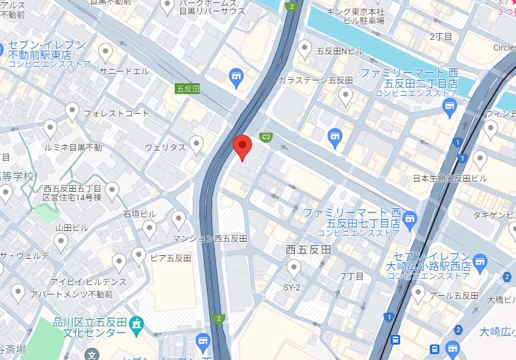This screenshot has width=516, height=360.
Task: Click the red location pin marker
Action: [242, 146]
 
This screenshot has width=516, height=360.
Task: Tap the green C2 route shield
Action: [266, 137]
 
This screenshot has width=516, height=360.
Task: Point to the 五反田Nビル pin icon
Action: [305, 49]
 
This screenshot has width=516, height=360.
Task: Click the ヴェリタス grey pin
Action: [196, 144]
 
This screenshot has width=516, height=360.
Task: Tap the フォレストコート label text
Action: [116, 113]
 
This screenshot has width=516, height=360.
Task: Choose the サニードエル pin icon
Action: [106, 53]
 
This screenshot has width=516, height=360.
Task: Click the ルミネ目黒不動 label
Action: [73, 147]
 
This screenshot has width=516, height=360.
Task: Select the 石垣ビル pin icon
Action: [149, 228]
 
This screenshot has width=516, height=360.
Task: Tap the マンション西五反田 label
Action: [210, 238]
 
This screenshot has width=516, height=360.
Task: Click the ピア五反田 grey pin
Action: [139, 256]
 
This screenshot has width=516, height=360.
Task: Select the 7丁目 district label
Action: [352, 277]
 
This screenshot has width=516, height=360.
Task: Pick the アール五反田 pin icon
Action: [419, 293]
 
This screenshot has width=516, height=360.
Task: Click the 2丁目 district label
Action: [441, 37]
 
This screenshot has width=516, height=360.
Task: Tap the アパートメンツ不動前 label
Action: [80, 294]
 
